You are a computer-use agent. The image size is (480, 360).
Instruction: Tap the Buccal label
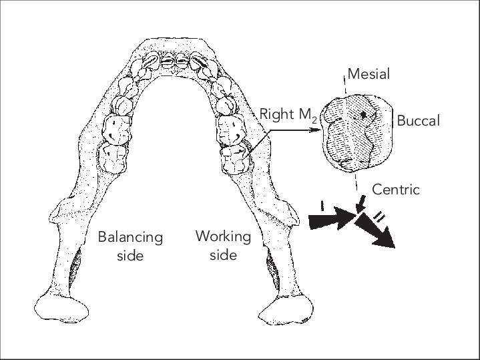click(419, 122)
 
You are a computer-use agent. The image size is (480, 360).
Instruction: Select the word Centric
click(396, 190)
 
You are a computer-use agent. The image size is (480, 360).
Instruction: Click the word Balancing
click(130, 237)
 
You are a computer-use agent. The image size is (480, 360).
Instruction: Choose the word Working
click(223, 236)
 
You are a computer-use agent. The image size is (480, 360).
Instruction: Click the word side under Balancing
click(130, 256)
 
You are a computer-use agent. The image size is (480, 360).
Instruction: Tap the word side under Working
click(223, 255)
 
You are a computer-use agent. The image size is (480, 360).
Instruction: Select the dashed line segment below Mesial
click(345, 83)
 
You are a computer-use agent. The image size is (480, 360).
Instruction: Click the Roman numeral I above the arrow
click(323, 206)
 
